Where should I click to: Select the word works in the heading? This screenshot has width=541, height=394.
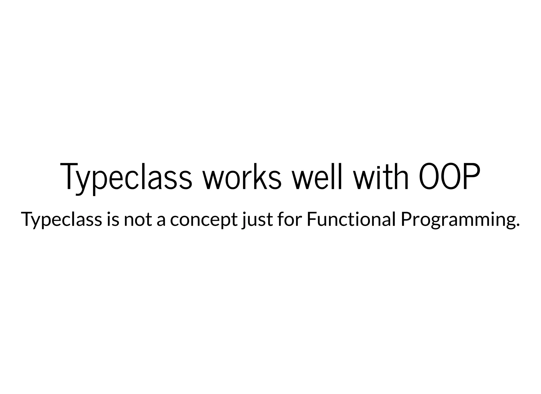click(x=242, y=176)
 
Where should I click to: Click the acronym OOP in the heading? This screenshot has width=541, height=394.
click(x=449, y=176)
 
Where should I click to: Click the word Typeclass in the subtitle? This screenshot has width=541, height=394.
click(x=61, y=220)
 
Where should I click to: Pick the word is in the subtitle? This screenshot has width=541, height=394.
click(x=113, y=220)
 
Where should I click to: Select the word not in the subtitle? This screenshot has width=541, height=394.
click(x=138, y=220)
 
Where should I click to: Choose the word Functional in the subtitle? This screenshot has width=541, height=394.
click(x=351, y=220)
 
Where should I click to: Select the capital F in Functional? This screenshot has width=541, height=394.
click(x=311, y=220)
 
